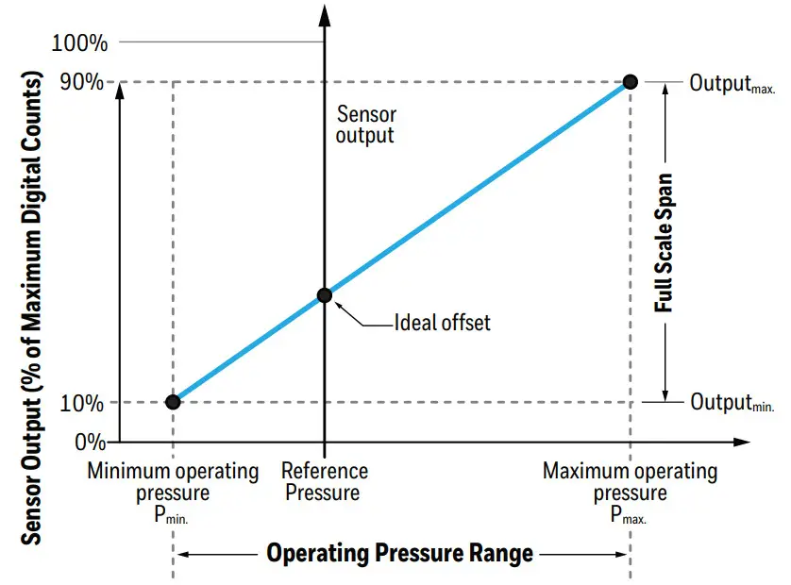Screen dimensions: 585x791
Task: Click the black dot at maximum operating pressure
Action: [x=631, y=82]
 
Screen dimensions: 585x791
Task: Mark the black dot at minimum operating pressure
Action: [x=173, y=402]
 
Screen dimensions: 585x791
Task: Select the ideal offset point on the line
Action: [x=324, y=295]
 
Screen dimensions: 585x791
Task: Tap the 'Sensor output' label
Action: [x=366, y=125]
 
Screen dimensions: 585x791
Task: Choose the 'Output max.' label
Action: [x=732, y=84]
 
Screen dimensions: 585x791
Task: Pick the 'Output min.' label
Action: [x=732, y=403]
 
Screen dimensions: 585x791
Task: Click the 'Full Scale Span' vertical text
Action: [x=665, y=242]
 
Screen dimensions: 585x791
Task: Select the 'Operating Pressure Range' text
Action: [x=400, y=553]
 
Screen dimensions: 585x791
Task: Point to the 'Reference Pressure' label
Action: [x=324, y=481]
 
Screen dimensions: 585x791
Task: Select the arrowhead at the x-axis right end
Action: [x=741, y=442]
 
